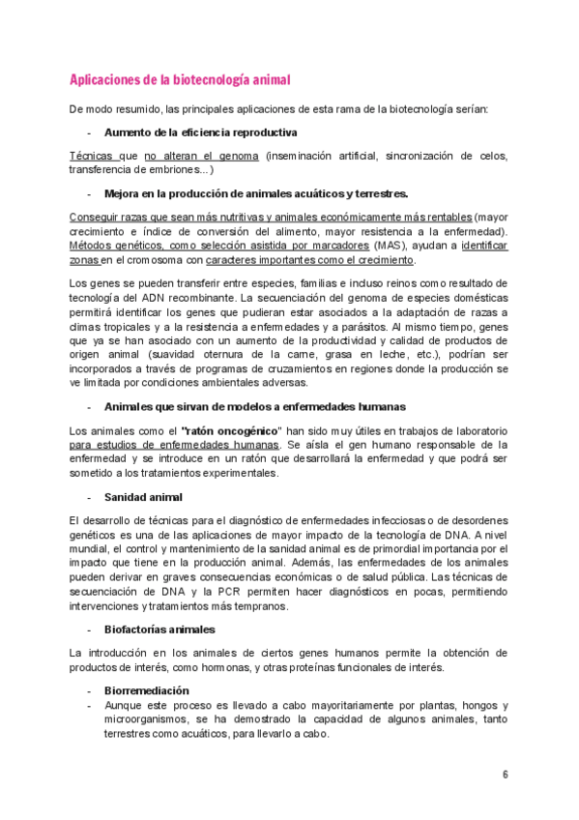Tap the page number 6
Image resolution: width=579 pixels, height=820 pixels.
pos(505,774)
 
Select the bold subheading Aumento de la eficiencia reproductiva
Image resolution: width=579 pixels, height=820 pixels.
pos(200,132)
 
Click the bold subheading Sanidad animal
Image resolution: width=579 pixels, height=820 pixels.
pos(144,497)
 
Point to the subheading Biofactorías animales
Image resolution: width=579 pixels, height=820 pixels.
pos(159,629)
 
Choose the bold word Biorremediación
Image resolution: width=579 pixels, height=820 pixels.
pos(147,690)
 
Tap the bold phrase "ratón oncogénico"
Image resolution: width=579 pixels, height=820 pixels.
pos(231,429)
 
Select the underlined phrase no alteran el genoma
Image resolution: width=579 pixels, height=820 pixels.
pos(201,155)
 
